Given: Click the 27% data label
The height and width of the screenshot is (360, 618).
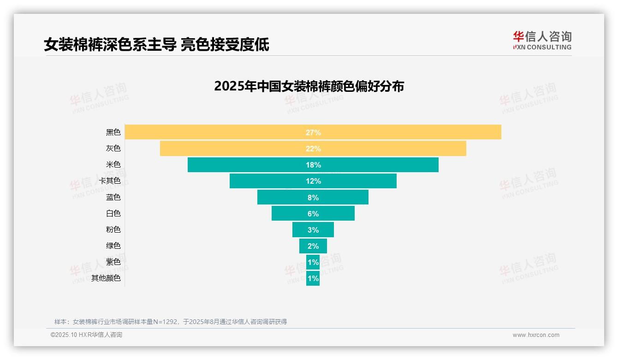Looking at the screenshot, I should [x=313, y=132].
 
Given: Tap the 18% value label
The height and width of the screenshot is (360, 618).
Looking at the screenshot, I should [x=313, y=165].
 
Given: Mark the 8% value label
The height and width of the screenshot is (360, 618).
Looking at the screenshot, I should [x=313, y=198].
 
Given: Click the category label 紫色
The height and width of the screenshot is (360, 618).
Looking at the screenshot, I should [x=113, y=262].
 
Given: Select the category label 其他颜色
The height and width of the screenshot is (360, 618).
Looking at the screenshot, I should [x=106, y=278].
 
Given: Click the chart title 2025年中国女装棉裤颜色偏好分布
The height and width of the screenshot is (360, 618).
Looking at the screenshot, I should [x=309, y=86].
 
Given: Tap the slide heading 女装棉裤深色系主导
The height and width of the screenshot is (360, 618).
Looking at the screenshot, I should [x=110, y=45].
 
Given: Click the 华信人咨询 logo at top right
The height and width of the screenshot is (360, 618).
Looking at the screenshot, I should [x=542, y=40].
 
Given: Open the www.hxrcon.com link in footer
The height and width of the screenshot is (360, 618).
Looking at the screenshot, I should [x=536, y=335].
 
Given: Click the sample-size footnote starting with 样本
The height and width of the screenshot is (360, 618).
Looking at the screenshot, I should [x=170, y=322].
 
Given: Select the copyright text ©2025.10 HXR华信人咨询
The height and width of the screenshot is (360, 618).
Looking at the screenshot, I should [x=86, y=335].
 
